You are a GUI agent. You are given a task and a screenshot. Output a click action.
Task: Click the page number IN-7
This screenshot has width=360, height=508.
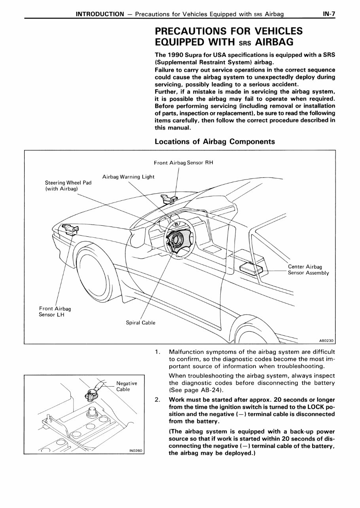coord(329,14)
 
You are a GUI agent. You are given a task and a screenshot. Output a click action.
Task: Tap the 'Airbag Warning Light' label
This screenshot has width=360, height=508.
coord(128,176)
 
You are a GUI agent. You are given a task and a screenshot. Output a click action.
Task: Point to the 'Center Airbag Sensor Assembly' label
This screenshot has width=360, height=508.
coord(308,270)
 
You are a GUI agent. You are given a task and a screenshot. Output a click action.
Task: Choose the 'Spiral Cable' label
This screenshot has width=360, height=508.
coord(140,323)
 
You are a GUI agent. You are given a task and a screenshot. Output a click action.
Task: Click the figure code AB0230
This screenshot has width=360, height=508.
coord(326,340)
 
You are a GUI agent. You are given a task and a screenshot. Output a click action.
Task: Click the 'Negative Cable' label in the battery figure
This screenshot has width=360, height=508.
coord(127,386)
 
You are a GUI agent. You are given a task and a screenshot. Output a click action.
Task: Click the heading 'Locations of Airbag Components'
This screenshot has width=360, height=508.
coord(214,142)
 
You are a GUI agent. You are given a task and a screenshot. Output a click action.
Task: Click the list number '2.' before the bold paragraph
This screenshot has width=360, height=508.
coord(158,400)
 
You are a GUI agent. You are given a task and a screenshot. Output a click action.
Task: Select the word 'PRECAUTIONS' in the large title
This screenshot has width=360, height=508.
coord(193,31)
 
